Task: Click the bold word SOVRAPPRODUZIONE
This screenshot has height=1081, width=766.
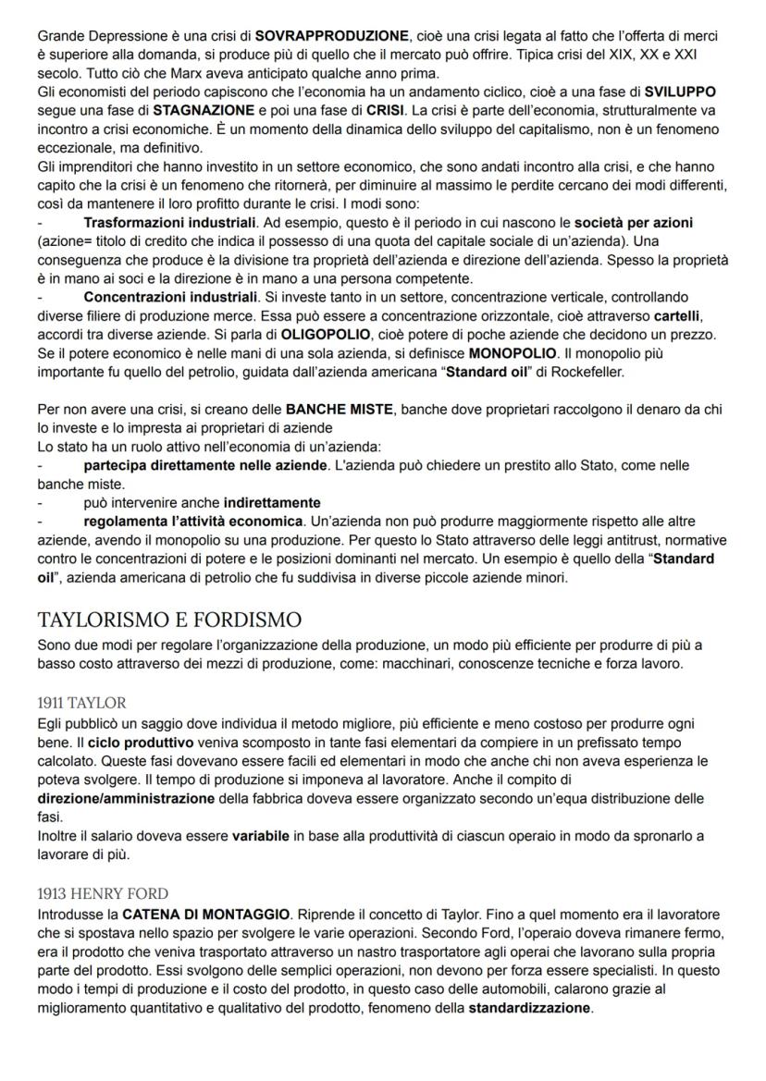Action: click(x=331, y=36)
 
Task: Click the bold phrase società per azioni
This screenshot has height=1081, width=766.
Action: click(x=633, y=224)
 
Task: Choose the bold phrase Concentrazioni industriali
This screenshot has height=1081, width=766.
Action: click(x=170, y=297)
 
